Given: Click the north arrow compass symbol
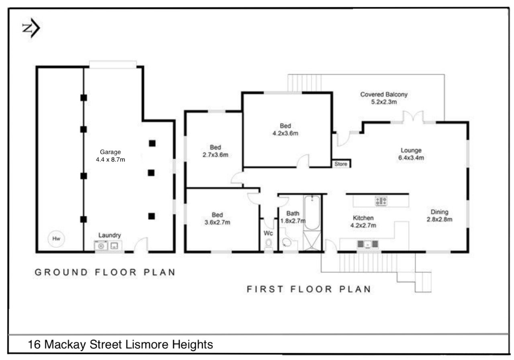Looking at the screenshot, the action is coord(31,28).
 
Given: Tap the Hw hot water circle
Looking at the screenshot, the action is coord(56,239).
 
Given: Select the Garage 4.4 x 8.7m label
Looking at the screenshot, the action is coord(110,155).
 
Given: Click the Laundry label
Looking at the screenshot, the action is coord(110,235).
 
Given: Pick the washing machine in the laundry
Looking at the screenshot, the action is coord(101,246).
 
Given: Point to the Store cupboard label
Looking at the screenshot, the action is coord(341,164).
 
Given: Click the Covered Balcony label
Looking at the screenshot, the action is coord(384,98).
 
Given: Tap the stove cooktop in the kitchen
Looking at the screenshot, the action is coord(381,201).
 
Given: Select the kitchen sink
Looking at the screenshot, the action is coord(367,244).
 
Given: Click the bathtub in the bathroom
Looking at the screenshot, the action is coord(312,213).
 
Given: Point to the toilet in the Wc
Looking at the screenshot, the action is coord(269,244).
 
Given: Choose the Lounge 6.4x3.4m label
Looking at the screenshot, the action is coord(411,154).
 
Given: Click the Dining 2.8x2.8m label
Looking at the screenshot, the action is coord(439,216).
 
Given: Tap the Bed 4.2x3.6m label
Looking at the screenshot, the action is coord(285,129).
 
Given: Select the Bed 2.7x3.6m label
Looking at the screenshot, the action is coord(215,151).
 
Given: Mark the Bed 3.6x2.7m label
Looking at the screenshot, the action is coord(217,219).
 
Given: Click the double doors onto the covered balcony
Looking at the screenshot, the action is coord(413,117).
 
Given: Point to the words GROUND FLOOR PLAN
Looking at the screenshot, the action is coord(105,272).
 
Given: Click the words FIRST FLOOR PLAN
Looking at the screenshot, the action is coord(309,289).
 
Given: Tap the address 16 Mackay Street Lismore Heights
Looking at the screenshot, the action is coord(120,344).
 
